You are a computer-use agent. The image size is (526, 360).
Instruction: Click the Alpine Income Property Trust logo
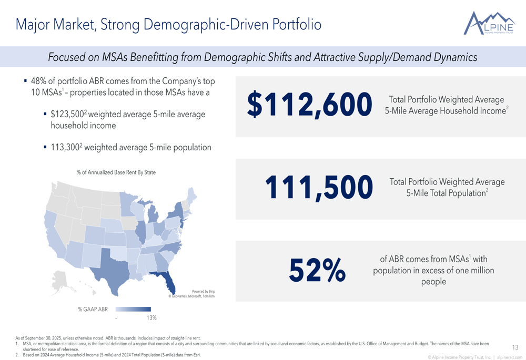click(x=489, y=24)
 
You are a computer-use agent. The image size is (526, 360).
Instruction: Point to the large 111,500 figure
click(x=319, y=188)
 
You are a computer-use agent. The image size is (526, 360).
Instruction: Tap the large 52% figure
click(x=317, y=270)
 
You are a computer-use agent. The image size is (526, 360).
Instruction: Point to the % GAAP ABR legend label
click(x=93, y=310)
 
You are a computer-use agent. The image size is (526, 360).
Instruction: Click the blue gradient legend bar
click(x=133, y=310)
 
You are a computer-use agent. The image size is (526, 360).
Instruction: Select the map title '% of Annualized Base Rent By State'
click(x=116, y=172)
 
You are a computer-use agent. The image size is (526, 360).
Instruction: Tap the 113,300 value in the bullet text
click(x=65, y=148)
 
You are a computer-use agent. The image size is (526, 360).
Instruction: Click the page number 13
click(x=514, y=347)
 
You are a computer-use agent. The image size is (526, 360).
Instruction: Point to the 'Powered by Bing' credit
click(x=203, y=291)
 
